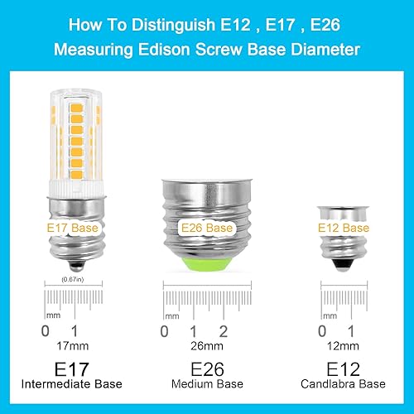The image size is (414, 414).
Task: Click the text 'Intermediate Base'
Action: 63,384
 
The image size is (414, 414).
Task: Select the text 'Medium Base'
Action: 202,384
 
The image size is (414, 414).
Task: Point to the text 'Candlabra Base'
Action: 343,384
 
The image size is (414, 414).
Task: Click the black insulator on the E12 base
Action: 343,262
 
